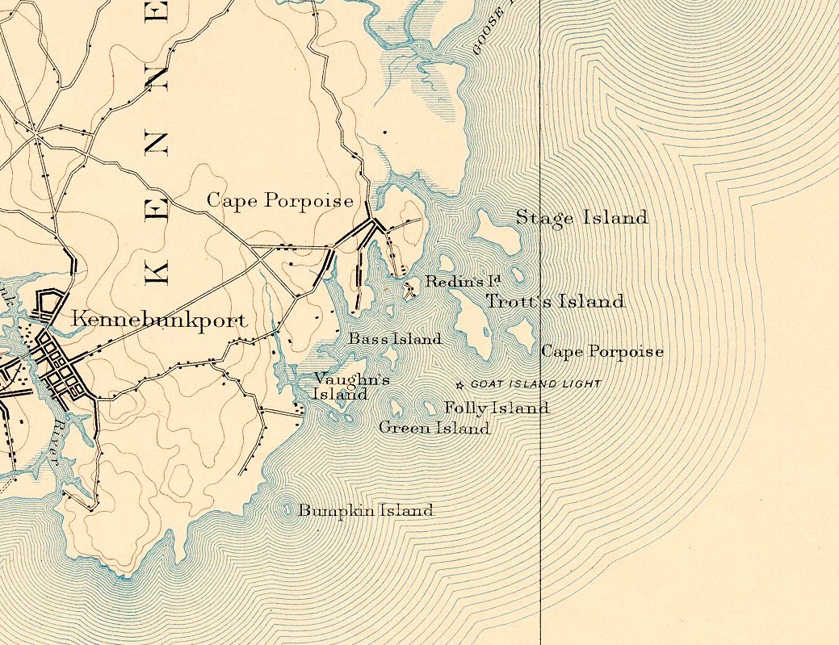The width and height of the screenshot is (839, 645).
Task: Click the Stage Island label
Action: (x=581, y=218)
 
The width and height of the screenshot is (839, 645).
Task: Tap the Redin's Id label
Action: (x=463, y=282)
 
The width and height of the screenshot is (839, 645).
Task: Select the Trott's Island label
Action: (x=555, y=302)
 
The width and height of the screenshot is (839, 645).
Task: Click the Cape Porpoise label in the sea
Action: (x=602, y=352)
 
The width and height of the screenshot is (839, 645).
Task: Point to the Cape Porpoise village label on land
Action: (x=280, y=201)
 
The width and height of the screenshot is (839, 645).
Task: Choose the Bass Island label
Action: (x=395, y=339)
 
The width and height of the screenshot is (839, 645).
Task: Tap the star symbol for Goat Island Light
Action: (x=461, y=385)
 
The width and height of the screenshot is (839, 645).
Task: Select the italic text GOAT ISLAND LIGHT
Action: (x=535, y=384)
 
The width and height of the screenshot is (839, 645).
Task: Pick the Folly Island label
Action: (x=497, y=408)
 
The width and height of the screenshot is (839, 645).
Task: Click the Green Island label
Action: (x=434, y=428)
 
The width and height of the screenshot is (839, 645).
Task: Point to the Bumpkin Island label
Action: (x=366, y=511)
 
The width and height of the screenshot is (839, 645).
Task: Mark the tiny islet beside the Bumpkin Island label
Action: (x=289, y=509)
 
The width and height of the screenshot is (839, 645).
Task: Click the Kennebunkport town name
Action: (x=160, y=320)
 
